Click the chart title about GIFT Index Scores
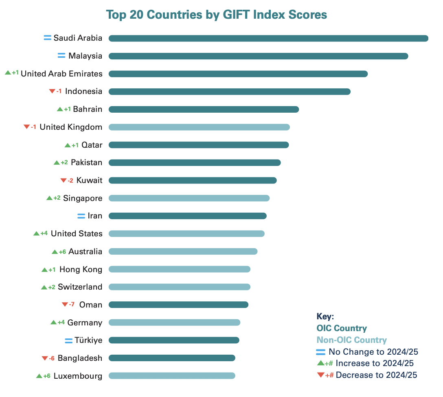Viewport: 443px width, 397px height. [x=216, y=15]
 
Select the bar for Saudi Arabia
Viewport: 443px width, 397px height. [x=268, y=38]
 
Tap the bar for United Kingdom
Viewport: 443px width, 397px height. [x=199, y=127]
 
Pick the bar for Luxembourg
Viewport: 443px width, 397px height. [x=172, y=376]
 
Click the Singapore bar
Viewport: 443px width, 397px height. [x=189, y=198]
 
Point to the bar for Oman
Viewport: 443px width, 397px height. [x=178, y=305]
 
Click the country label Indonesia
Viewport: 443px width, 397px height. [x=83, y=91]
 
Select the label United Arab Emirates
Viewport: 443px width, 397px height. [x=61, y=74]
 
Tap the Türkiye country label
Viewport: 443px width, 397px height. [x=88, y=340]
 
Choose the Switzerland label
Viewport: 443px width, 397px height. [x=80, y=287]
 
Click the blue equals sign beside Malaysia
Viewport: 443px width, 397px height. [x=61, y=56]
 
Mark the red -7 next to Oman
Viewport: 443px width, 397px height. [x=72, y=305]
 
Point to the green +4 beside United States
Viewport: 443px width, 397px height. [x=44, y=233]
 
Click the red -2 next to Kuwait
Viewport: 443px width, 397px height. [x=70, y=180]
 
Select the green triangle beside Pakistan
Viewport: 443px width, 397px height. [x=57, y=163]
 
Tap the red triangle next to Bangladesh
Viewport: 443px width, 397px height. [x=45, y=358]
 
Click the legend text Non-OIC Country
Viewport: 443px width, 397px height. [x=351, y=340]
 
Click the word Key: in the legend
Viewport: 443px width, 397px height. [x=325, y=316]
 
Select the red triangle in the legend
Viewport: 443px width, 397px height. [x=320, y=375]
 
